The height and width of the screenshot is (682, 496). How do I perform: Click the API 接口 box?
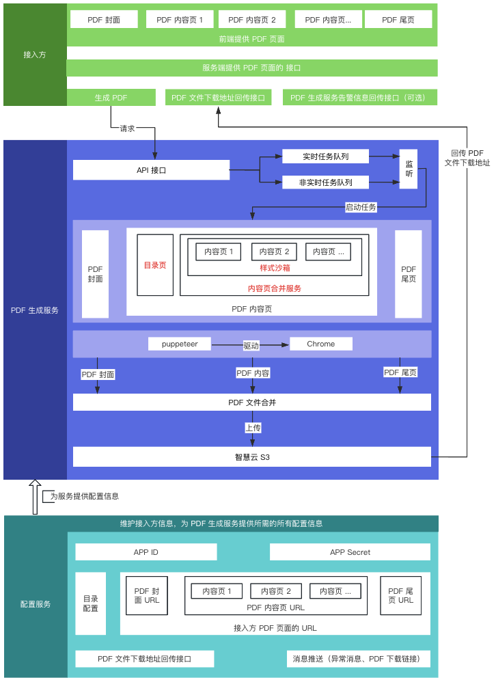[x=151, y=170]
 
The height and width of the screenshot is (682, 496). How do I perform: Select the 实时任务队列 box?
[x=325, y=156]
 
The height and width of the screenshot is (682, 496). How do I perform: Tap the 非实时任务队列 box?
[x=325, y=182]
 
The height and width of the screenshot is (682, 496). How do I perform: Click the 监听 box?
[x=409, y=169]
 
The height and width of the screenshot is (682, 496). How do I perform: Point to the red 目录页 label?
[x=154, y=265]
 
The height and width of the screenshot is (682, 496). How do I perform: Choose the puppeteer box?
[x=180, y=344]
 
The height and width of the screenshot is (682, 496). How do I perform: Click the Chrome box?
[x=320, y=344]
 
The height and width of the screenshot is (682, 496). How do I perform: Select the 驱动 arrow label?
[x=251, y=346]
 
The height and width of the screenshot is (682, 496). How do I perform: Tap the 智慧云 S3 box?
[x=251, y=456]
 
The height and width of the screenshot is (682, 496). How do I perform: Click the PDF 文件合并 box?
[x=251, y=403]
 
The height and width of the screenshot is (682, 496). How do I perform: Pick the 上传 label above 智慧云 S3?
[x=253, y=428]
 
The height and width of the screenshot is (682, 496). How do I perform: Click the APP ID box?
[x=146, y=552]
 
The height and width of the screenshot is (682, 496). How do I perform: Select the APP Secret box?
[x=350, y=552]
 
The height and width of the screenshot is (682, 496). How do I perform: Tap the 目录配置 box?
[x=90, y=603]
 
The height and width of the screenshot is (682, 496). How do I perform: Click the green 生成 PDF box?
[x=111, y=98]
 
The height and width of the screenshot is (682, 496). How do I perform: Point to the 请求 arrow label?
[x=127, y=128]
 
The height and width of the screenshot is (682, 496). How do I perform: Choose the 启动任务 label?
[x=360, y=207]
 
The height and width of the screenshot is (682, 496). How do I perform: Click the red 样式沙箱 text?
[x=275, y=268]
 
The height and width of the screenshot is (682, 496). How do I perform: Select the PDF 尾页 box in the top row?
[x=398, y=20]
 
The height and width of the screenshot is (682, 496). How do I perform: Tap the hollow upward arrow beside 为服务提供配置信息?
[x=35, y=497]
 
